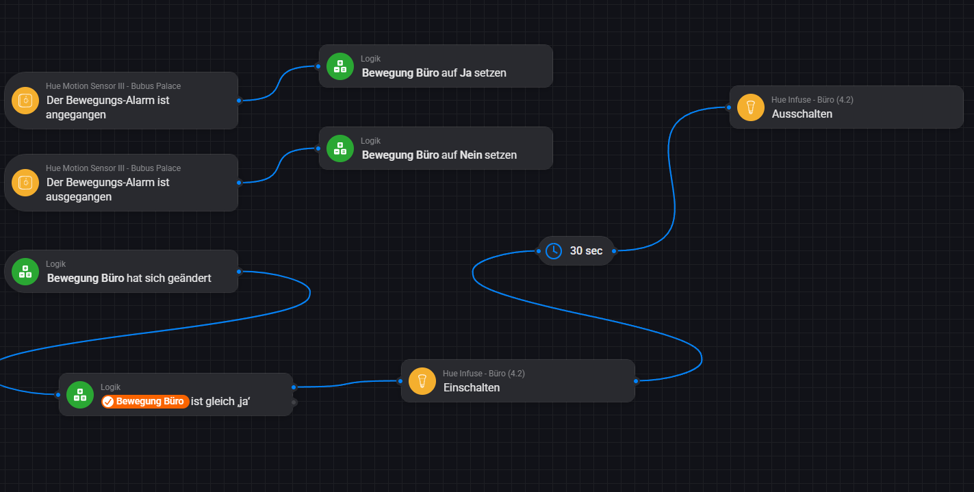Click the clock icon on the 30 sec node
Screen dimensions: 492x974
553,251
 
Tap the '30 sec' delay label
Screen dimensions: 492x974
586,251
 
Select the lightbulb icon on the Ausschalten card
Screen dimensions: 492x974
751,107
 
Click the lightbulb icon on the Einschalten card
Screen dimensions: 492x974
422,381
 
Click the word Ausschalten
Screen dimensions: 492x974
802,114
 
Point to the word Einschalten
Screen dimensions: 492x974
472,388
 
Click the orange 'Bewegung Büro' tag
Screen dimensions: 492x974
145,402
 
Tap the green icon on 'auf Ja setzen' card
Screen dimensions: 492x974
340,66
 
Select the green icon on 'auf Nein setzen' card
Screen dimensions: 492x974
340,148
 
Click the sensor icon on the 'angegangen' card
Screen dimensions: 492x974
25,101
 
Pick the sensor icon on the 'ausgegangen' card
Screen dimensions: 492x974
25,183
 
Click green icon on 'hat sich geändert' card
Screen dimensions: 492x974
25,272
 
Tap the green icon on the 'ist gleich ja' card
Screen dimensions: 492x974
80,395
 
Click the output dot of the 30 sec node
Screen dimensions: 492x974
614,251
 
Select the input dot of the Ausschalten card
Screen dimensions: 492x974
728,107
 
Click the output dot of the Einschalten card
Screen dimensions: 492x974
636,380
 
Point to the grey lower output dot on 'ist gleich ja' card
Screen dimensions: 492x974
294,402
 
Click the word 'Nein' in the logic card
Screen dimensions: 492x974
471,155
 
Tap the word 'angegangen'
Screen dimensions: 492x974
76,115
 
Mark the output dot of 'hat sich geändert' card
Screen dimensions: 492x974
239,271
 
